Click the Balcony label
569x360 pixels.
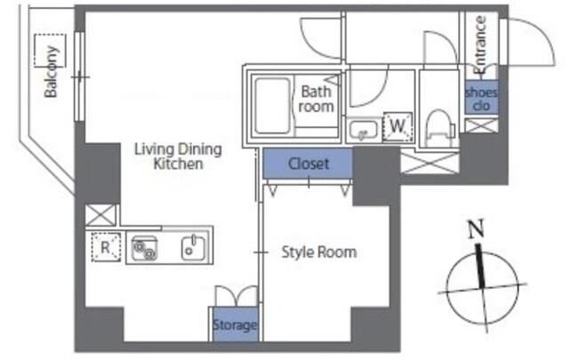(x=52, y=72)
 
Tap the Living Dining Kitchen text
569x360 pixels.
(x=178, y=156)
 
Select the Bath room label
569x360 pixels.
(x=317, y=99)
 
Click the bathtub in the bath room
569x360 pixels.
(x=273, y=105)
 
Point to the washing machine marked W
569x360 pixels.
(x=397, y=126)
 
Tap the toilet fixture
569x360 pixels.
(x=440, y=128)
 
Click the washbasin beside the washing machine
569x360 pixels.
(x=364, y=130)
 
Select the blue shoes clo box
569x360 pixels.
(x=481, y=98)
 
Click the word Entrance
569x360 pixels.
(x=480, y=45)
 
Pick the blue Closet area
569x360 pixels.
(x=308, y=164)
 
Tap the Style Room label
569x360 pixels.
(x=319, y=252)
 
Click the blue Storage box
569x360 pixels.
(x=235, y=324)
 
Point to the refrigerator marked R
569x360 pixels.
(x=106, y=247)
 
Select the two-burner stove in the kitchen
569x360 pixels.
(x=144, y=248)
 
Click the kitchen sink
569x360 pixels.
(x=193, y=247)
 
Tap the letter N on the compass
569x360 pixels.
(x=477, y=229)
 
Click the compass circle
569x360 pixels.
(x=446, y=289)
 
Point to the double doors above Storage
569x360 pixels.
(x=236, y=297)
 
